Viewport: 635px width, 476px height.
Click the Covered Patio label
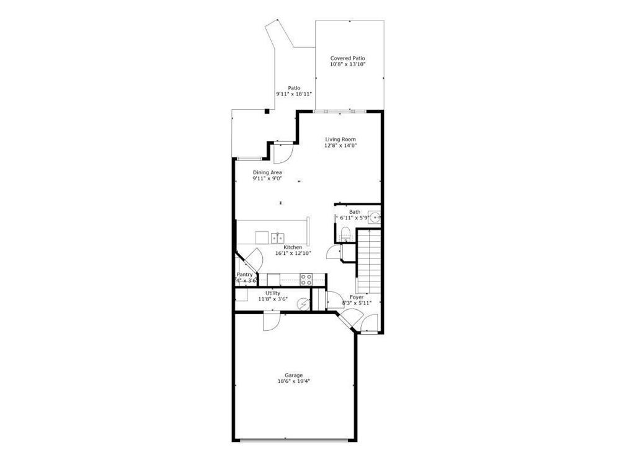(347, 58)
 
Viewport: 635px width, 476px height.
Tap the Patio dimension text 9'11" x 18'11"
(294, 94)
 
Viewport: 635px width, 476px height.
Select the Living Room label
(340, 139)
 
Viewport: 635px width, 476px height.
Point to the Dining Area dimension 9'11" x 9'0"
(267, 178)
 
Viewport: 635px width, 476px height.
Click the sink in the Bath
(375, 217)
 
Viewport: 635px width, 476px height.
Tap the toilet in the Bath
(345, 234)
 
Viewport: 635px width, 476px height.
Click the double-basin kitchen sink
(277, 237)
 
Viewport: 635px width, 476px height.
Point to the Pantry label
(244, 275)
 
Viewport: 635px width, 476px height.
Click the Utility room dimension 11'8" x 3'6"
(273, 299)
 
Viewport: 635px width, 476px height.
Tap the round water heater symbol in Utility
(303, 303)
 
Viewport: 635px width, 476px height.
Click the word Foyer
(357, 297)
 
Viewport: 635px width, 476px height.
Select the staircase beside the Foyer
(368, 260)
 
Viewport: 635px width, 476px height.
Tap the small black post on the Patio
(267, 112)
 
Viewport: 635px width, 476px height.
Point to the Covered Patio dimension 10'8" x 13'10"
(347, 64)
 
